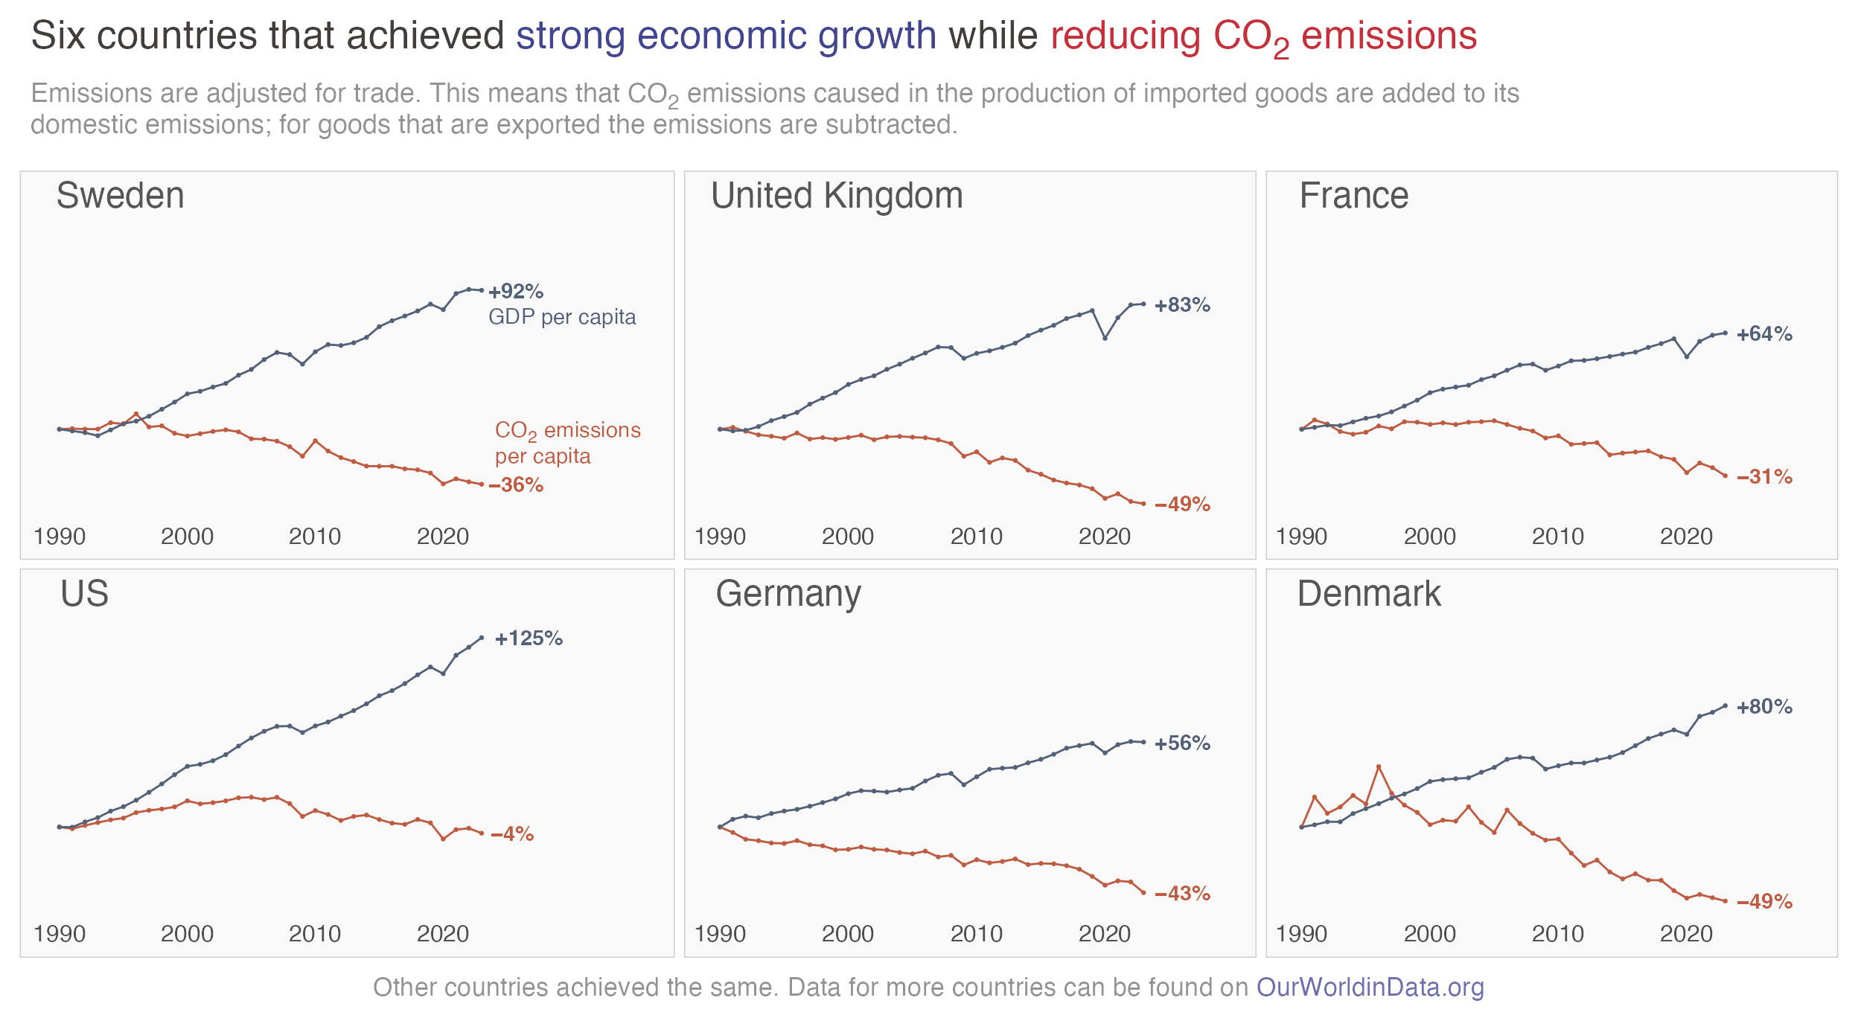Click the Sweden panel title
120,196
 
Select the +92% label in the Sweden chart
516,291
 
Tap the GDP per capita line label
562,318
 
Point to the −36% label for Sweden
516,485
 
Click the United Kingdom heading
837,196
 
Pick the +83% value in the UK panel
1182,305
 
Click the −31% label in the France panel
1764,477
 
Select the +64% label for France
1764,334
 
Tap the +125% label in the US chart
529,638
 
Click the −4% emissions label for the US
512,834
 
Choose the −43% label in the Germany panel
1182,894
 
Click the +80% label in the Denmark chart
1764,707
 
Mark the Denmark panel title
1369,594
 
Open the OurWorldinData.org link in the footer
1370,988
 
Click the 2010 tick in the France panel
1558,537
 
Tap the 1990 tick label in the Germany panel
720,934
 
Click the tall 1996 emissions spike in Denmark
1379,766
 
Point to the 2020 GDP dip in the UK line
1105,339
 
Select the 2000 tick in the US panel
188,934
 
